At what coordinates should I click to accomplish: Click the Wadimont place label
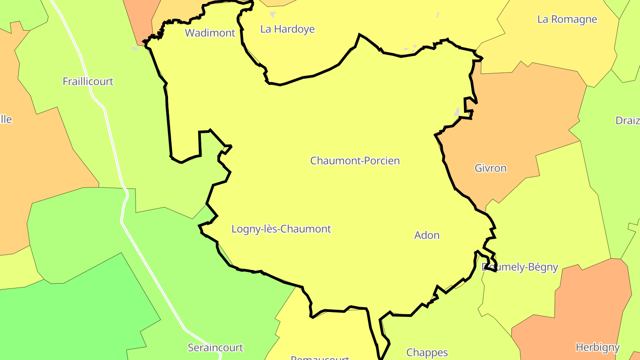tap(210, 33)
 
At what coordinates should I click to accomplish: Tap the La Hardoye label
tap(287, 29)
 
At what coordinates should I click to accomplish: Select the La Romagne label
tap(567, 20)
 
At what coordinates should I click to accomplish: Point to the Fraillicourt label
tap(88, 82)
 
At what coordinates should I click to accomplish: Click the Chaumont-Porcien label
tap(355, 161)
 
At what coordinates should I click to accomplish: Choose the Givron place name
tap(490, 168)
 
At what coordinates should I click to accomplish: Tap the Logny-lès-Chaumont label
tap(281, 229)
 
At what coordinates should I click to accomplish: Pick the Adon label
tap(427, 236)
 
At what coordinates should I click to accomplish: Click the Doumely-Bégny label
tap(520, 267)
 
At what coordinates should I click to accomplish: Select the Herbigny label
tap(597, 347)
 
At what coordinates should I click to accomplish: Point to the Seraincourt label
tap(215, 348)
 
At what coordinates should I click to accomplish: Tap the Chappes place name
tap(427, 353)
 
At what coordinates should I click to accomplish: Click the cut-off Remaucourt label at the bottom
tap(320, 357)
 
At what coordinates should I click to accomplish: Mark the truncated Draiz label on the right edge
tap(627, 120)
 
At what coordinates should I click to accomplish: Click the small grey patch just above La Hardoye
tap(273, 14)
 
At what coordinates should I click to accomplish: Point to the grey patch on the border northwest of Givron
tap(457, 112)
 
